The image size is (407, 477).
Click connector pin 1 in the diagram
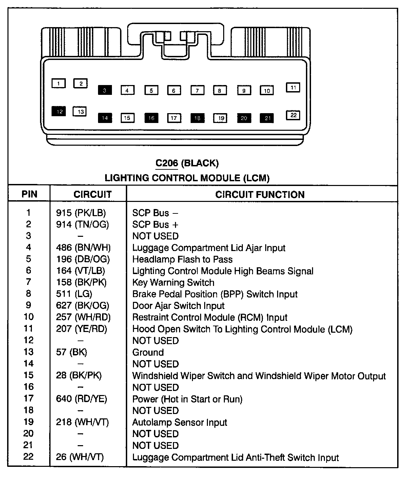pos(58,83)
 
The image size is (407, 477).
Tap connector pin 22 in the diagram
pos(293,115)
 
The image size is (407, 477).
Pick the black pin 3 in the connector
pos(105,90)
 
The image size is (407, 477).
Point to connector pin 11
pos(293,87)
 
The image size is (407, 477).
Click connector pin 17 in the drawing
pos(174,118)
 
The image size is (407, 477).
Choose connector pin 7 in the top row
pos(197,90)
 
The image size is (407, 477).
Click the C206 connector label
pos(167,163)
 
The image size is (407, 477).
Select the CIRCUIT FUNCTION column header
pos(260,194)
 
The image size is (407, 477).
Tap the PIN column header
pos(30,194)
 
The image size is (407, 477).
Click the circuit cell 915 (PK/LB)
pos(81,213)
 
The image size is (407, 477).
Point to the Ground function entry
pos(148,352)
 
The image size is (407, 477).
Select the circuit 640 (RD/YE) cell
pos(81,399)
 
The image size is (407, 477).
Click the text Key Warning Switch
pos(173,283)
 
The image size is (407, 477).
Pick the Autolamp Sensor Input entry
pos(180,422)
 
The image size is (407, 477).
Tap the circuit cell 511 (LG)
pos(74,294)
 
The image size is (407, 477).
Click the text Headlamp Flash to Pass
pos(182,260)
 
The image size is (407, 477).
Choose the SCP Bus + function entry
pos(155,225)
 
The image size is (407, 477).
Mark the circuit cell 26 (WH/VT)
pos(80,457)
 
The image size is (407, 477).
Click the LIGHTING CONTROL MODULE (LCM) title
pos(187,178)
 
